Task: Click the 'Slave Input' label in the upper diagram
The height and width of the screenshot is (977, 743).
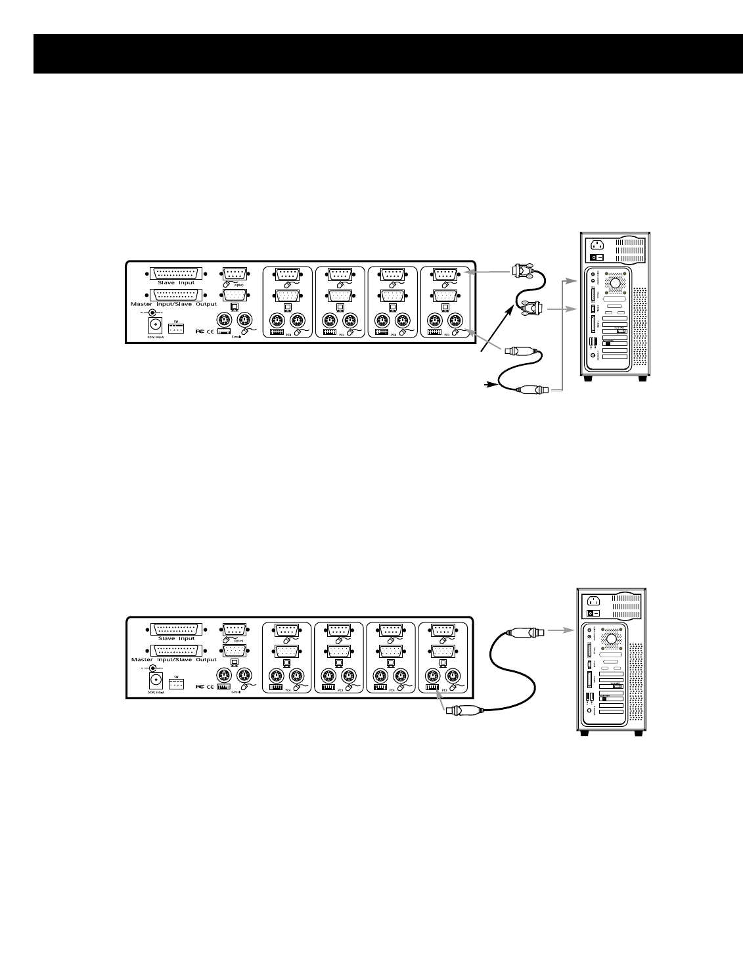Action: click(x=176, y=283)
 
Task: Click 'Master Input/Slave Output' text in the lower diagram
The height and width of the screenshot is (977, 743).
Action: click(x=174, y=659)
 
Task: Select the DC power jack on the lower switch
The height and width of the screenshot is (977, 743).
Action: click(x=156, y=680)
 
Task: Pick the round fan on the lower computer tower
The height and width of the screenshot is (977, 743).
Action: click(x=611, y=637)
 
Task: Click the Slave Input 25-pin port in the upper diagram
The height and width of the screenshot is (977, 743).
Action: click(x=176, y=272)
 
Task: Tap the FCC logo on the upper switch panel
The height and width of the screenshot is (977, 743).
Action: click(x=200, y=332)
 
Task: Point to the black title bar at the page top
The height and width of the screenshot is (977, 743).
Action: click(x=371, y=54)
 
